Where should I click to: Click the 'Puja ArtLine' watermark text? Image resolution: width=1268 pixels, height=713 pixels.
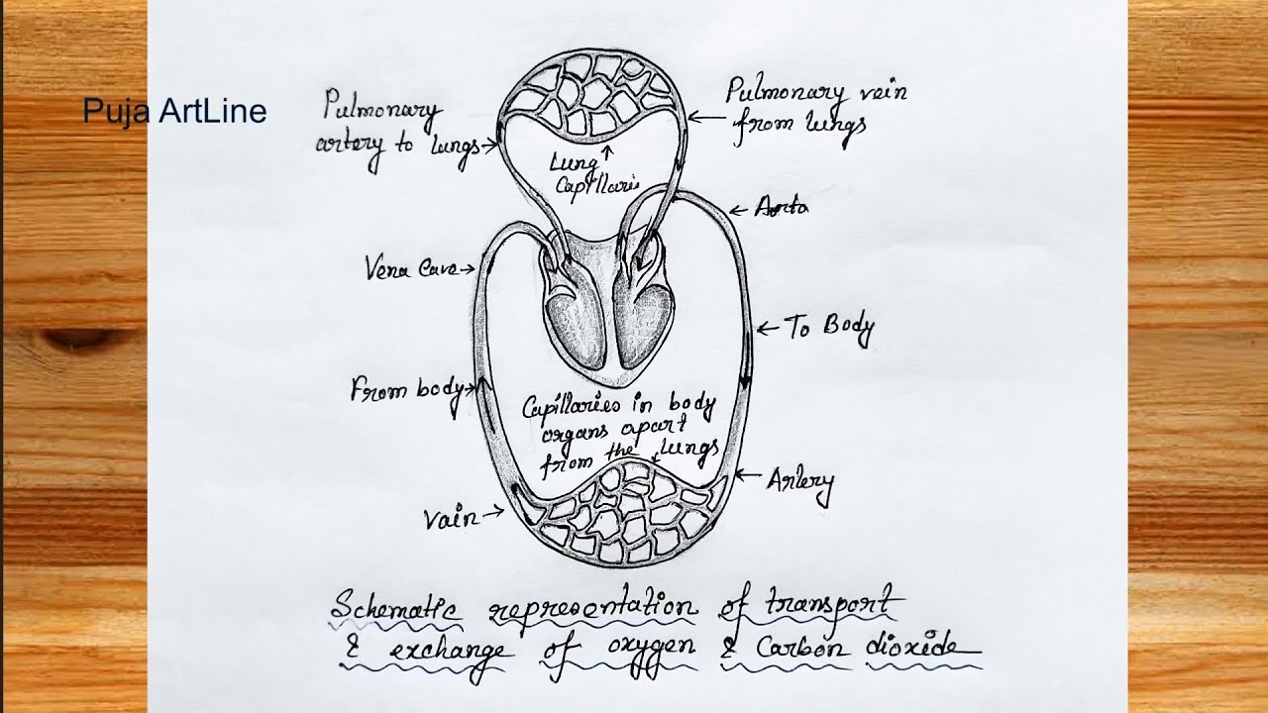click(174, 111)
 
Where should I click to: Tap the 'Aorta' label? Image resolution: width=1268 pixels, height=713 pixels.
click(782, 207)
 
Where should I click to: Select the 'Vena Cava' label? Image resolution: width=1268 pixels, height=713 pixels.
click(401, 267)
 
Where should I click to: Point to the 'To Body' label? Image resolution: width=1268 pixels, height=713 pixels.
click(829, 329)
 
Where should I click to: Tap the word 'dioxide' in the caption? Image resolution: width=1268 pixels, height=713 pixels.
click(921, 649)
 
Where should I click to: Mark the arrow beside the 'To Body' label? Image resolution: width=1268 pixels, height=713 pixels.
click(767, 328)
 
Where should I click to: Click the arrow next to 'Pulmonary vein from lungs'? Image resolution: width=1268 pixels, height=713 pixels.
click(702, 118)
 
